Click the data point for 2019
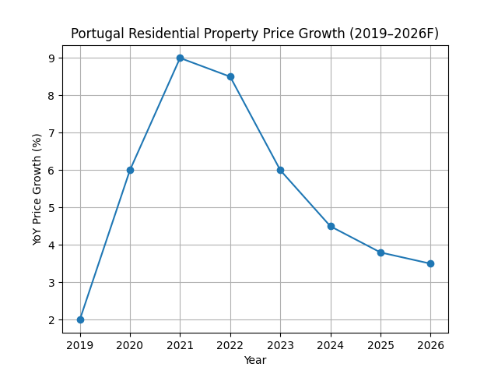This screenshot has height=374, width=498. [80, 319]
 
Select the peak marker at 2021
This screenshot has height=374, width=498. [180, 58]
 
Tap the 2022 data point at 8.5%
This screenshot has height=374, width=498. [230, 76]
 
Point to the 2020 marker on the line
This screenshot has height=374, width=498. [130, 170]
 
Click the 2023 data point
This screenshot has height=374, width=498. [280, 170]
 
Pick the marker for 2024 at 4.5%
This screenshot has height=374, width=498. [331, 226]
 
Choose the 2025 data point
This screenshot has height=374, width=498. [381, 252]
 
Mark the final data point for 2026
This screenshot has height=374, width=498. [430, 263]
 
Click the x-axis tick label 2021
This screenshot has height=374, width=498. [180, 345]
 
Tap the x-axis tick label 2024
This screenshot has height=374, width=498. [331, 345]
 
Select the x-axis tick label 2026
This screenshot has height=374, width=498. [430, 345]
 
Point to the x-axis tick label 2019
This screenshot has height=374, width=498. [80, 345]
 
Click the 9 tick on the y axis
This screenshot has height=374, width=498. [51, 58]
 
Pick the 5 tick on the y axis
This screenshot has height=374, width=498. [51, 207]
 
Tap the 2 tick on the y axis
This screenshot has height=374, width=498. [51, 319]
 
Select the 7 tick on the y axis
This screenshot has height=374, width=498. [51, 132]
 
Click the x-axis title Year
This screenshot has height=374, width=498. [255, 360]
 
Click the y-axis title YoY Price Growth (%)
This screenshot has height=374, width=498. [37, 189]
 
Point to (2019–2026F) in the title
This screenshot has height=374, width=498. [395, 34]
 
